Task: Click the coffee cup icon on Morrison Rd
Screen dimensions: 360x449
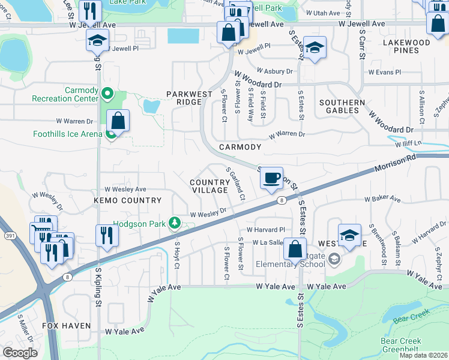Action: click(271, 178)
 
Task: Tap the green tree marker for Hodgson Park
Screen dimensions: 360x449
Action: click(175, 223)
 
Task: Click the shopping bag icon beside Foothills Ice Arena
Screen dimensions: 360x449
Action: click(119, 121)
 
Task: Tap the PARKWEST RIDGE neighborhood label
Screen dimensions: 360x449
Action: click(189, 98)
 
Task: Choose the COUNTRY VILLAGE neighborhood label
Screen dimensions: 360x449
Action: click(209, 186)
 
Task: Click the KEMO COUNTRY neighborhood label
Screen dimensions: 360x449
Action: click(127, 200)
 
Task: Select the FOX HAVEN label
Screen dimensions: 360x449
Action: click(66, 326)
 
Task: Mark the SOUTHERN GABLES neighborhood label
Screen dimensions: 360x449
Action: click(342, 107)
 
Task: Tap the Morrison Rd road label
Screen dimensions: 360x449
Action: click(394, 166)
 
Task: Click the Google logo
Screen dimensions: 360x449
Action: click(20, 353)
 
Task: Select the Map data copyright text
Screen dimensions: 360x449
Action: click(423, 356)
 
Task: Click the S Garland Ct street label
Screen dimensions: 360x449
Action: click(236, 184)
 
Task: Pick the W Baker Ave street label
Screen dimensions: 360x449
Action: click(382, 199)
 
